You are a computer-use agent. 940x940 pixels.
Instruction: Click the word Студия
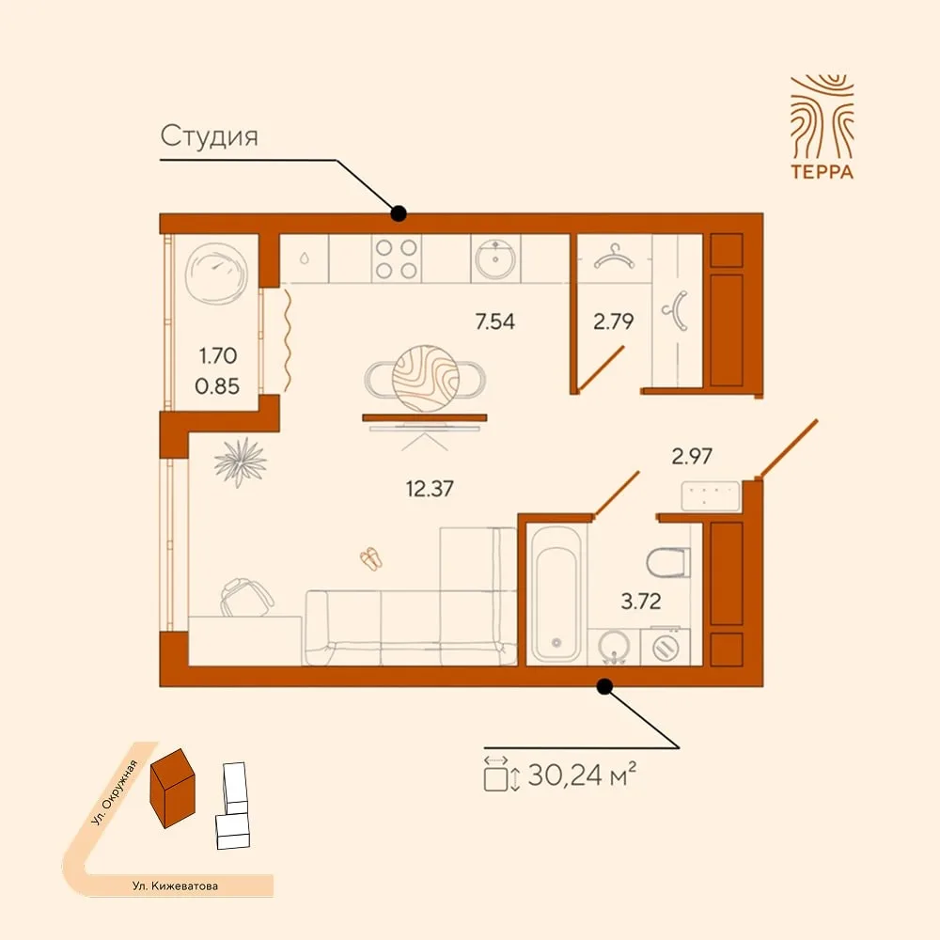pyautogui.click(x=210, y=136)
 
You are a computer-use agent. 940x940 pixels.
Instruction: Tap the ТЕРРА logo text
pyautogui.click(x=822, y=171)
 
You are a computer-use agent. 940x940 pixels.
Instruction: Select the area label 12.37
pyautogui.click(x=430, y=489)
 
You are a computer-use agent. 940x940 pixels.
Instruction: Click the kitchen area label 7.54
pyautogui.click(x=494, y=321)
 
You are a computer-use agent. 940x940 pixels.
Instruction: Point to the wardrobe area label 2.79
pyautogui.click(x=613, y=321)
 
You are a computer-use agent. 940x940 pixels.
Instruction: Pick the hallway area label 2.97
pyautogui.click(x=692, y=456)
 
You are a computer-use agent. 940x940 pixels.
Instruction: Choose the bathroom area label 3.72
pyautogui.click(x=641, y=601)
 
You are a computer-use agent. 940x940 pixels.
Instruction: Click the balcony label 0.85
pyautogui.click(x=217, y=386)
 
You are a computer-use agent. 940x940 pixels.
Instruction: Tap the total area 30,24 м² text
pyautogui.click(x=581, y=775)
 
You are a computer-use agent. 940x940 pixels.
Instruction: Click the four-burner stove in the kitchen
pyautogui.click(x=397, y=259)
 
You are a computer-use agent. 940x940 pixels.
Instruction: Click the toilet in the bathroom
pyautogui.click(x=668, y=562)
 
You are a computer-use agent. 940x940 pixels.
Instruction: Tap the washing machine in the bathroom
pyautogui.click(x=665, y=647)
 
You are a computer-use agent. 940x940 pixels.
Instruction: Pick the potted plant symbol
pyautogui.click(x=241, y=462)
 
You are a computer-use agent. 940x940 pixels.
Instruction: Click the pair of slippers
pyautogui.click(x=371, y=558)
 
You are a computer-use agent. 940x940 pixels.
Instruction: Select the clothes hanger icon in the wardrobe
pyautogui.click(x=613, y=257)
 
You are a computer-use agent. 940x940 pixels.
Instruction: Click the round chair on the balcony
pyautogui.click(x=216, y=274)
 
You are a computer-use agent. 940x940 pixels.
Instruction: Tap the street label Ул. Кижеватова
pyautogui.click(x=175, y=885)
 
